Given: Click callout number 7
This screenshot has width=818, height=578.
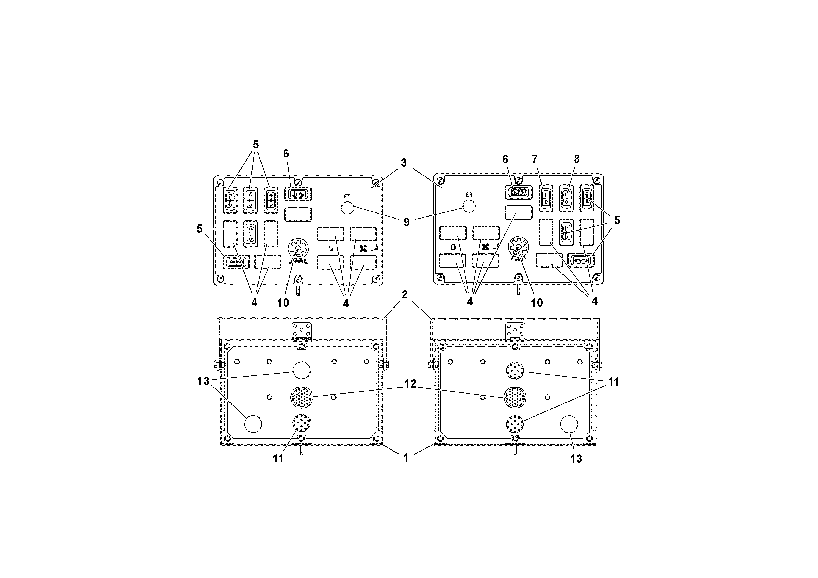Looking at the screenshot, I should coord(535,159).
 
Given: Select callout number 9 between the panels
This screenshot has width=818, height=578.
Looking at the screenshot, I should coord(406,222).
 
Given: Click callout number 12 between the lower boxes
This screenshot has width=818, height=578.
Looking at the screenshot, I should coord(410,384).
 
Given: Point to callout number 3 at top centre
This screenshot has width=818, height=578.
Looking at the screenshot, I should coord(403,163).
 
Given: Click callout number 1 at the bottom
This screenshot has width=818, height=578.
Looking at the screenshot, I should coord(406,458).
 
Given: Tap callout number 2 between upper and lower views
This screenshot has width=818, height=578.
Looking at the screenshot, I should coord(404,295).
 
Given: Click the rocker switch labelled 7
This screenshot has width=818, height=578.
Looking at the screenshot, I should coord(546,197).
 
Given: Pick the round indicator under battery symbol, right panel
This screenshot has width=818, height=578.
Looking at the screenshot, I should coord(469,206).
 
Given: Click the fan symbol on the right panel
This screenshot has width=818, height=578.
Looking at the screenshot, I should coord(485,247).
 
